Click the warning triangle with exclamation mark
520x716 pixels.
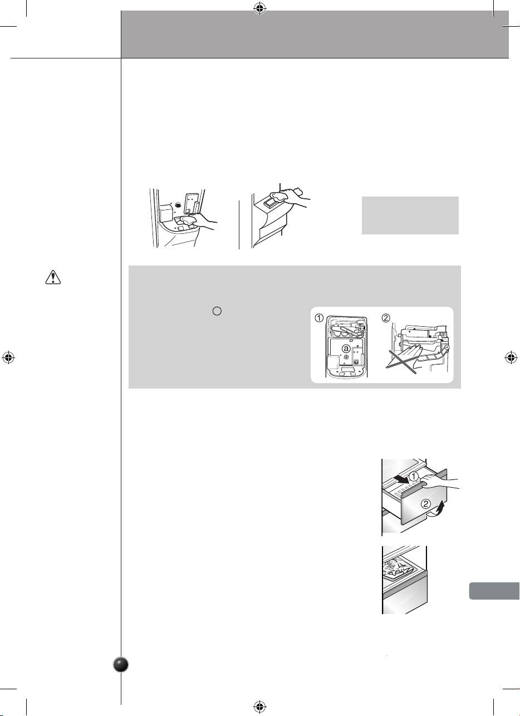coord(53,277)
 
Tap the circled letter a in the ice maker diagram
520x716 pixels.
coord(346,349)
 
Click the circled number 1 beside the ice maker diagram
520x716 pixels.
coord(319,318)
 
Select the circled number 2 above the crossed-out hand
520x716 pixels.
coord(386,318)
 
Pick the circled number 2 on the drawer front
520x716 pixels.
coord(426,504)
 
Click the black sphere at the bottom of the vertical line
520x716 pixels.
coord(121,665)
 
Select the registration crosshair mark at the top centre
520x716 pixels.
coord(260,9)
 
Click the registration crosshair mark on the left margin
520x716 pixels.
coord(8,357)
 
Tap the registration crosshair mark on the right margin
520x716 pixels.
coord(511,357)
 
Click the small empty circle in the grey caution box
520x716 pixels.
coord(217,311)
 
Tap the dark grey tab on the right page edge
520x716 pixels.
coord(494,591)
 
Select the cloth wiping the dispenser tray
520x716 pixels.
coord(188,220)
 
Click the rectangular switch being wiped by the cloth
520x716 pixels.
coord(269,202)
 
